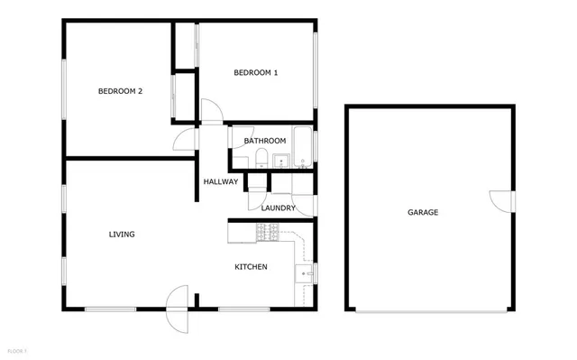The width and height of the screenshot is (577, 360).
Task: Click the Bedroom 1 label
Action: point(255,72)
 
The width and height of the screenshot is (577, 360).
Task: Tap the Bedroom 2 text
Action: point(120,90)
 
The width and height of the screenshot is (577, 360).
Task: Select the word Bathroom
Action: point(265,141)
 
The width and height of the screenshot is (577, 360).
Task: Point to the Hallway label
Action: point(221,181)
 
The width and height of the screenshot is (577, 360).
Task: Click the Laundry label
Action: point(279,208)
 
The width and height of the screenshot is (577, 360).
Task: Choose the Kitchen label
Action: point(251,266)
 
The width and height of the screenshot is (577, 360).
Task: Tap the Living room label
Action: point(122,235)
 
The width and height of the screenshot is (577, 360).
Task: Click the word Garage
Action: point(423,213)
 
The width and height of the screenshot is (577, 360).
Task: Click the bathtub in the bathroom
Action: point(303,149)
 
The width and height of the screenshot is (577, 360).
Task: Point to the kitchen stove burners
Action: point(267,234)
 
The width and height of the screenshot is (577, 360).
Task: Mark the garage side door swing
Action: point(499,200)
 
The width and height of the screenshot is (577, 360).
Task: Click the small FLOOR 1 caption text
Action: point(17,349)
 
